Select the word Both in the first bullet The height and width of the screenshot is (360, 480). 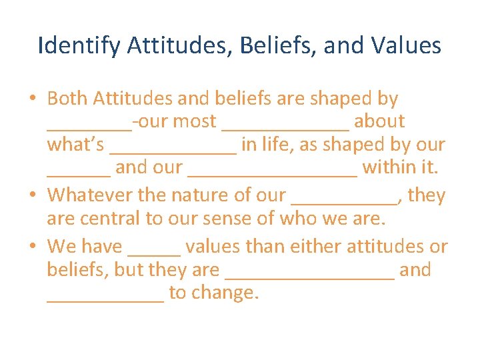(x=68, y=99)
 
